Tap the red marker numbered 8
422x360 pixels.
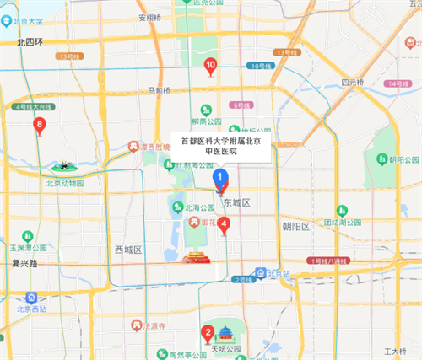click(39, 126)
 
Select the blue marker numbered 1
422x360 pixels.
click(221, 179)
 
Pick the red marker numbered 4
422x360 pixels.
click(224, 223)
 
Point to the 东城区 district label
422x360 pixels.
click(237, 203)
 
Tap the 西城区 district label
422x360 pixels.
click(128, 250)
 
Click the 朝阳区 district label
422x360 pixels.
click(297, 226)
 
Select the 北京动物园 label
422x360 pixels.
click(65, 182)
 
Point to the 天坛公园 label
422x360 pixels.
click(225, 348)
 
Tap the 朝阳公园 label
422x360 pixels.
click(404, 159)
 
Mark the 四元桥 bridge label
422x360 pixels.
click(352, 82)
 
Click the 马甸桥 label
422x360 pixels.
click(159, 90)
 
